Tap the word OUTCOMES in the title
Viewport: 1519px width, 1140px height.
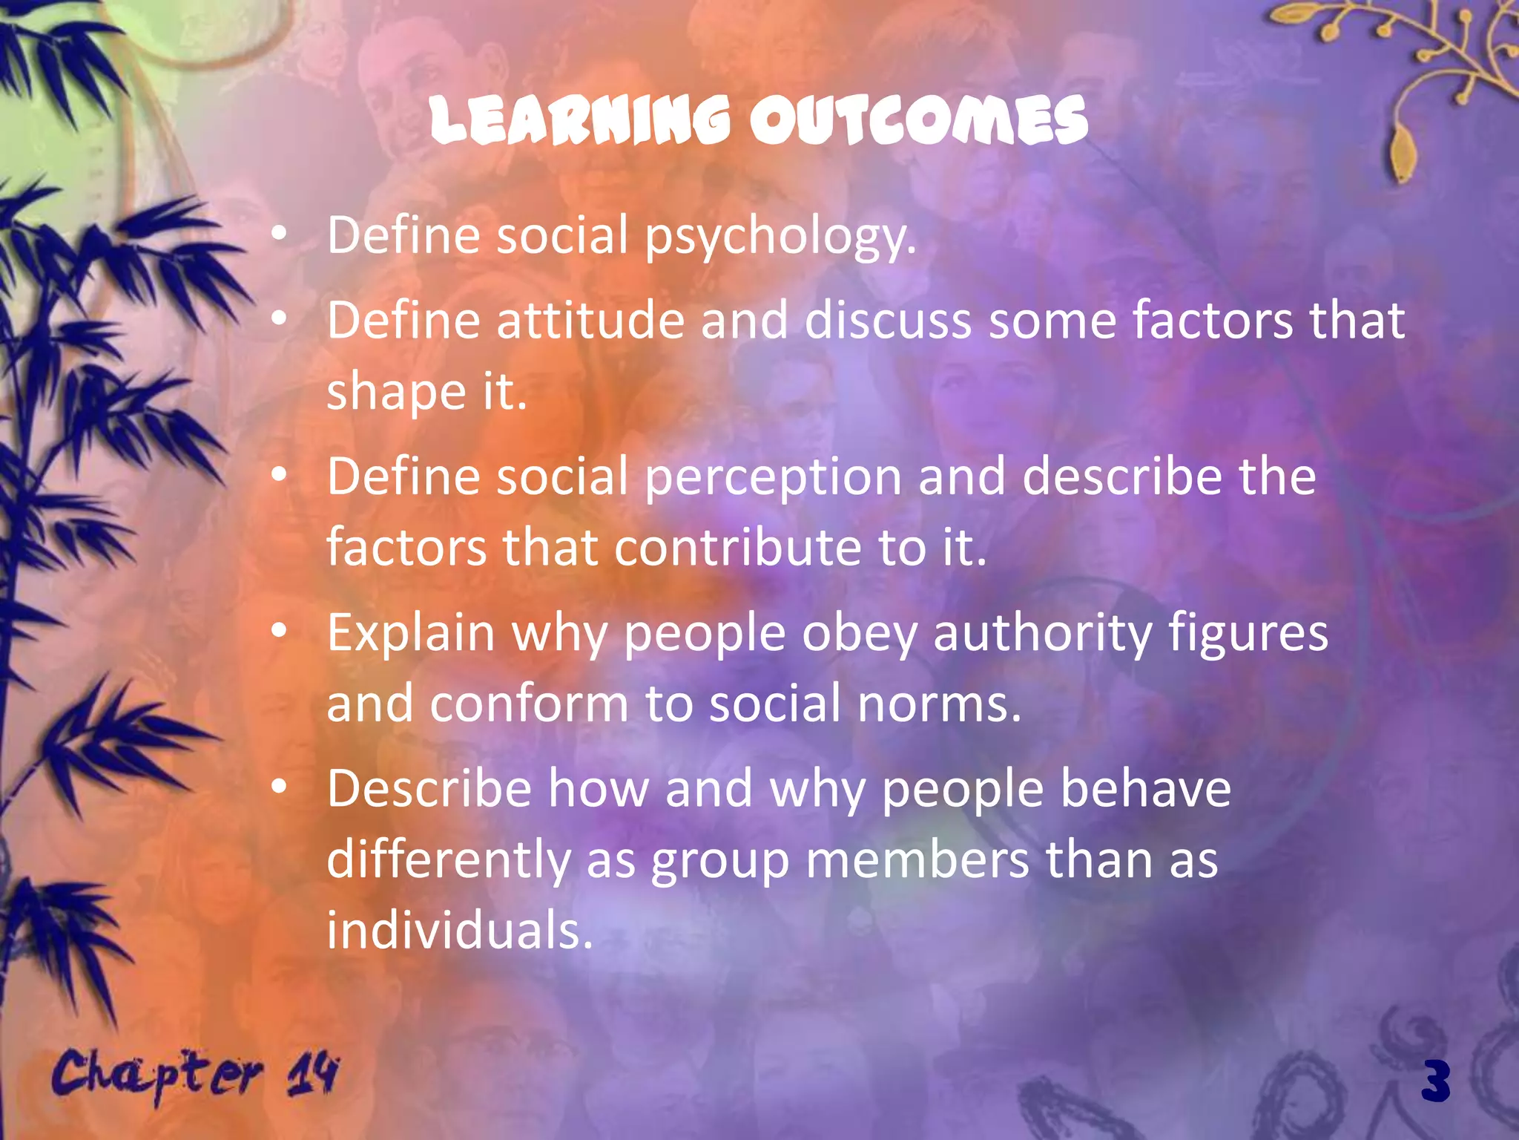point(918,121)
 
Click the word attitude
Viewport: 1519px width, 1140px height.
point(590,321)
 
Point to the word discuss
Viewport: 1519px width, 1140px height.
point(888,321)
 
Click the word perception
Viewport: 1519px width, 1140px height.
point(773,478)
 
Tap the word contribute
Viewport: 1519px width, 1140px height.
point(738,548)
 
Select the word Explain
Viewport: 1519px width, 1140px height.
point(411,634)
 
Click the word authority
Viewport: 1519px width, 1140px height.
point(1042,635)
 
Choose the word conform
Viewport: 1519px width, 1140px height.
point(529,704)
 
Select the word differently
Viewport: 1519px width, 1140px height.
point(448,861)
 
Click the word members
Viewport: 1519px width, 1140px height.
point(917,859)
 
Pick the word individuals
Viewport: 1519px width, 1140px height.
point(460,931)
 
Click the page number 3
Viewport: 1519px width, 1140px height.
point(1436,1081)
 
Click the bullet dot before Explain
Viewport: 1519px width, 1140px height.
point(279,632)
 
